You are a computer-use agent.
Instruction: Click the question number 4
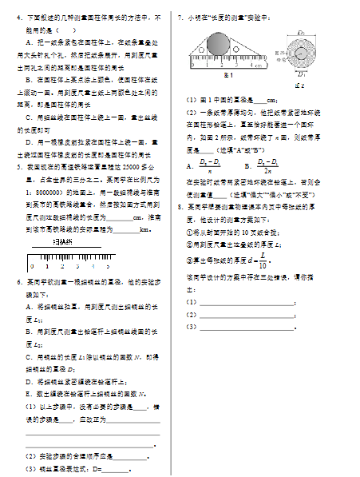[18, 17]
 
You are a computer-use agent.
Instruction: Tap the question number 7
[180, 17]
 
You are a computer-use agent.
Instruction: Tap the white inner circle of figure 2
[300, 52]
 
